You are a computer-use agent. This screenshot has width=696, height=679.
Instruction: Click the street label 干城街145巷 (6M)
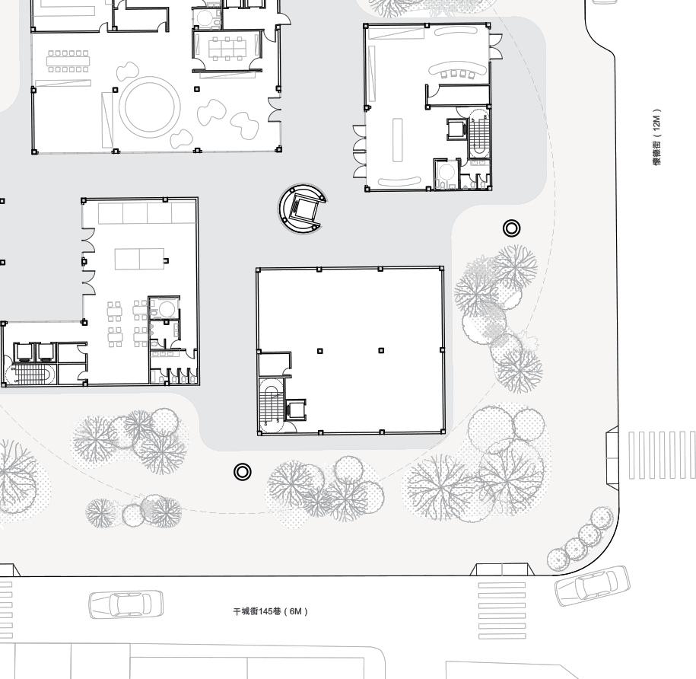coord(270,611)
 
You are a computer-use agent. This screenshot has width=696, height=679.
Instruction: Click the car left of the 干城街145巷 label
coord(126,604)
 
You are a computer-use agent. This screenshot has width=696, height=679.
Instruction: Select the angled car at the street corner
coord(593,585)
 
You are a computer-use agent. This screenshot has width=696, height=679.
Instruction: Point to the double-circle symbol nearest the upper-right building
coord(512,228)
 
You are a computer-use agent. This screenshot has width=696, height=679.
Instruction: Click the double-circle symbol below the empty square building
coord(242,472)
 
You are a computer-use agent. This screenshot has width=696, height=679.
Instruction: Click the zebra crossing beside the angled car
coord(501,610)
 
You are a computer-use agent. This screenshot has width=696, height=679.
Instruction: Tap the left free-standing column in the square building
coord(320,351)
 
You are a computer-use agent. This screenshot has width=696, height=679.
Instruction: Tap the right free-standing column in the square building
coord(381,351)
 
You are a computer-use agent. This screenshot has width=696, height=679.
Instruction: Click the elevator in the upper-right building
coord(456,129)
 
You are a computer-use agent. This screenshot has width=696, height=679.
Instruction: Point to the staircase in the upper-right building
coord(480,136)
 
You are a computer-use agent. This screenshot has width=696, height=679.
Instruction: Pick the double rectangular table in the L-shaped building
coord(139,259)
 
